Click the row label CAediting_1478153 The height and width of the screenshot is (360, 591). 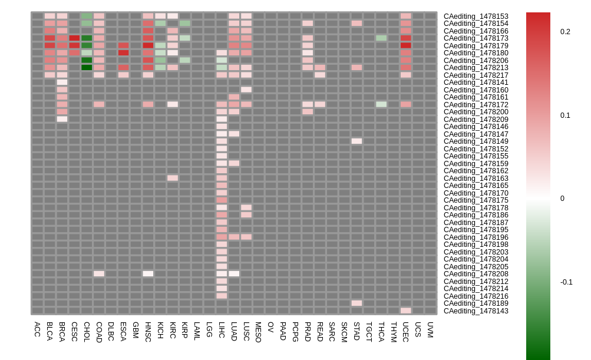[x=476, y=16]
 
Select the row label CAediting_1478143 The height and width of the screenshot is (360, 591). [x=476, y=311]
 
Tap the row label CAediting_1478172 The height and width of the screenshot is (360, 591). [x=476, y=105]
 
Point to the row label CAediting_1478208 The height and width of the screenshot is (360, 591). [x=476, y=274]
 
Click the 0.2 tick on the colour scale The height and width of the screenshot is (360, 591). [x=565, y=32]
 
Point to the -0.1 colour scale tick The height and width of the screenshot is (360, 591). [x=566, y=282]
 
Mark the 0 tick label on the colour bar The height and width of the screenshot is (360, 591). [x=562, y=199]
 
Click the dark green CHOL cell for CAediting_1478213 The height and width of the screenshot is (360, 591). [x=87, y=68]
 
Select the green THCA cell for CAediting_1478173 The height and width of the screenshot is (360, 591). [x=381, y=38]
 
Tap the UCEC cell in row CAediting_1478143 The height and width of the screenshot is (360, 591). [x=405, y=311]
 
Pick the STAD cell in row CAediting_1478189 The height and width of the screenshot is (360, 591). [x=356, y=303]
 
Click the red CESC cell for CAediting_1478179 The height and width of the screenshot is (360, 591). [x=74, y=45]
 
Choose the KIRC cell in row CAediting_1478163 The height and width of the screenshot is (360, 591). [x=173, y=178]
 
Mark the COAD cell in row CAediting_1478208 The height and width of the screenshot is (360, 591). [x=99, y=274]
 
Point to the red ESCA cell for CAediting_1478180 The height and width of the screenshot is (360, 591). [x=123, y=53]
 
